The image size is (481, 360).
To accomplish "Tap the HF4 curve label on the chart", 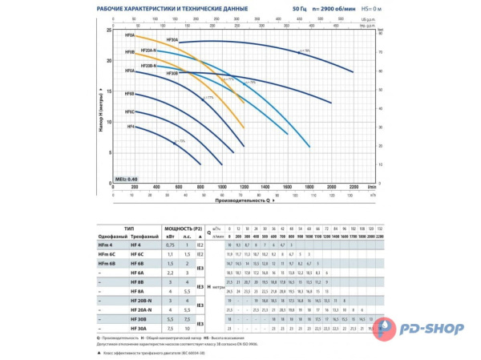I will [131, 127].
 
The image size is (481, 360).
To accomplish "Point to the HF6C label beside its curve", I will [130, 113].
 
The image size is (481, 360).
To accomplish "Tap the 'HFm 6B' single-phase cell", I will [106, 263].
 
